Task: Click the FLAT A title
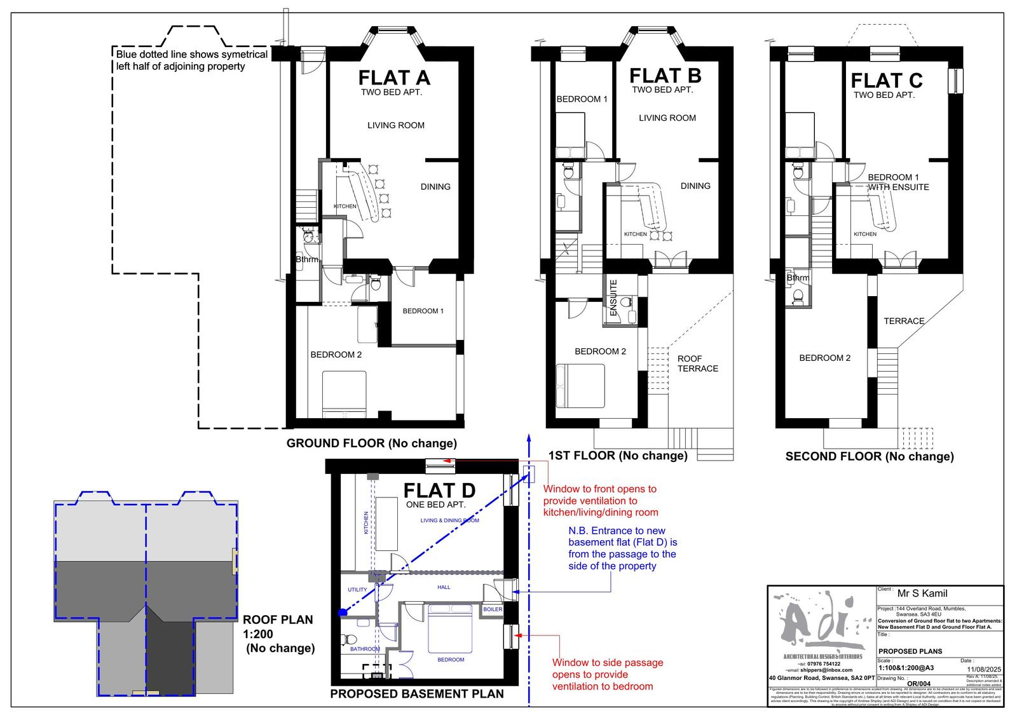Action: tap(394, 78)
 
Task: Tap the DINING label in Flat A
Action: tap(435, 187)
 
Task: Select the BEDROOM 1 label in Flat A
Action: tap(423, 311)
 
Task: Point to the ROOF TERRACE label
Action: tap(697, 363)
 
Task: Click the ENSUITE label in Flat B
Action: tap(613, 298)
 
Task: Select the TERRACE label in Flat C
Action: tap(904, 321)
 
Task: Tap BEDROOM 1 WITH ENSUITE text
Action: tap(898, 182)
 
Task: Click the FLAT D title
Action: tap(439, 491)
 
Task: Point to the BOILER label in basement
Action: tap(493, 609)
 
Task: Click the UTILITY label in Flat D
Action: tap(357, 590)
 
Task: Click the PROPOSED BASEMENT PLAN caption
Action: tap(416, 694)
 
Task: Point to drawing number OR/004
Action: tap(919, 684)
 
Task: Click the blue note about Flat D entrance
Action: tap(622, 548)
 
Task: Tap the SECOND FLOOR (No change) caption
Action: tap(869, 456)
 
